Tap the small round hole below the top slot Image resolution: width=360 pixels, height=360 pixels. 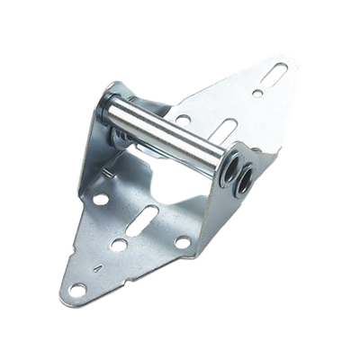258,93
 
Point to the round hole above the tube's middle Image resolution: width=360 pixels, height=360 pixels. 184,120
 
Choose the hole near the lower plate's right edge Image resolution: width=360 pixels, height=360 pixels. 184,241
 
